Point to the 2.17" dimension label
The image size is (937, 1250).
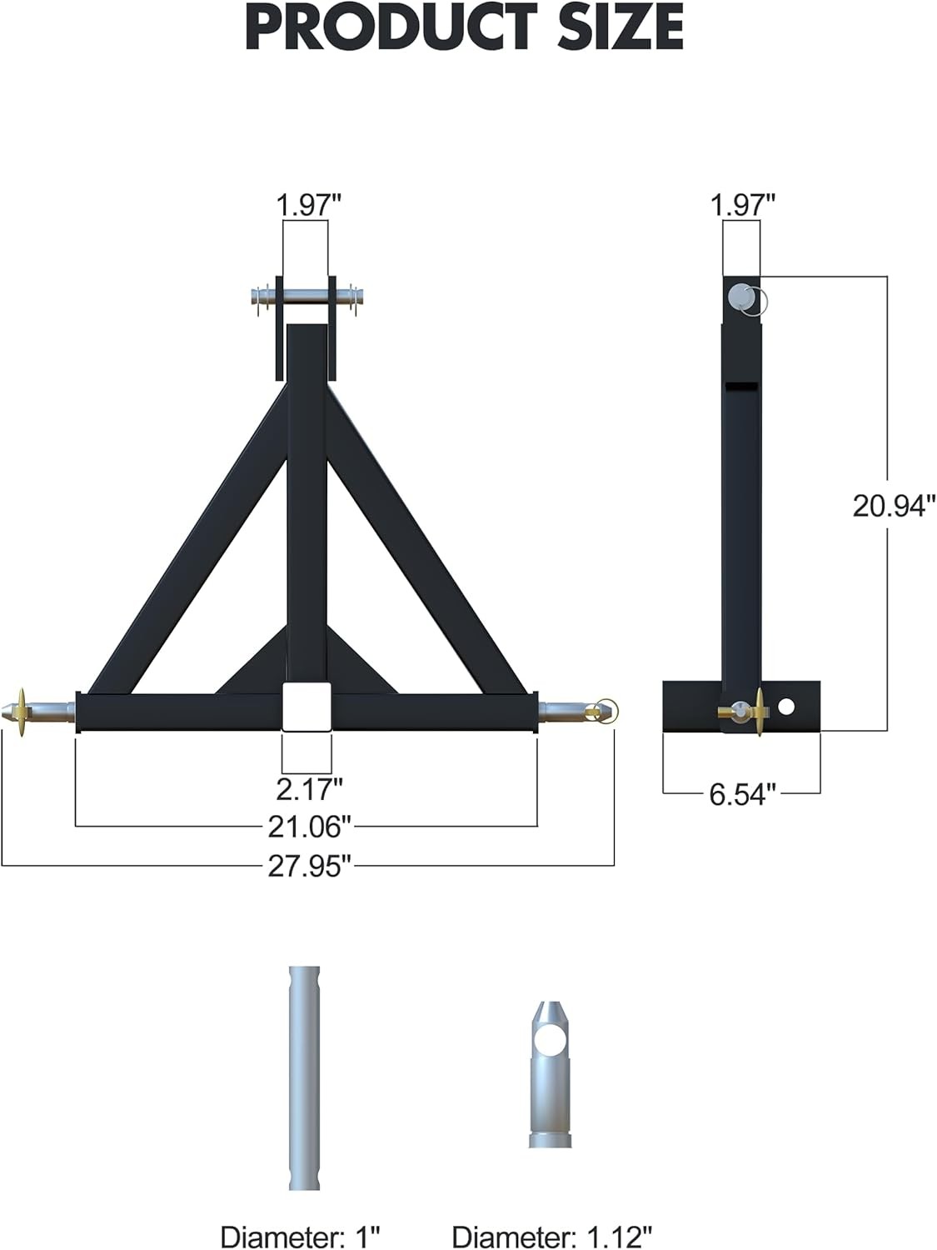pos(309,786)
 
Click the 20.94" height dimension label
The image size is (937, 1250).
pos(894,505)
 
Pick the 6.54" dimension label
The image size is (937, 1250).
pos(742,794)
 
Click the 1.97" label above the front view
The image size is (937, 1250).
pos(309,204)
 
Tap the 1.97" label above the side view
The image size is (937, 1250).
pos(742,204)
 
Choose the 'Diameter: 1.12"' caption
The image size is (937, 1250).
pos(552,1237)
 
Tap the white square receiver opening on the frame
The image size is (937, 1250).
pos(307,707)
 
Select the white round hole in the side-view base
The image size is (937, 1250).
pos(785,707)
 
